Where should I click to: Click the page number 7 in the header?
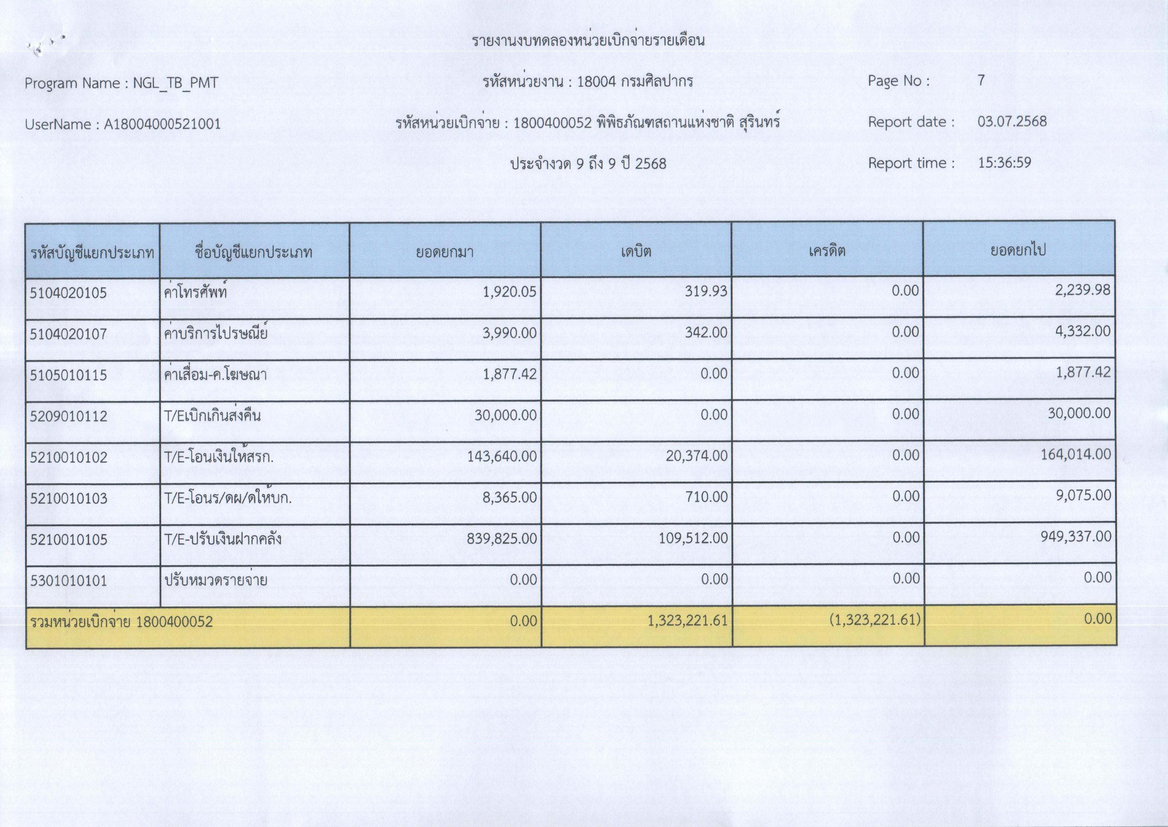(981, 81)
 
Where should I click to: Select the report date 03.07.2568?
(1012, 122)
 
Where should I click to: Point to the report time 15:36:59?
(1004, 163)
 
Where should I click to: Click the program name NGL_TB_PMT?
(176, 83)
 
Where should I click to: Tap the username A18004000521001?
(163, 124)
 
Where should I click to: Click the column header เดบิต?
(636, 251)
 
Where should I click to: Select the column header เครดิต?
(827, 251)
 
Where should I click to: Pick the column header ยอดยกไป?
(1018, 250)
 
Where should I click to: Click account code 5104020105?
(68, 293)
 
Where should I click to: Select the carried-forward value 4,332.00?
(1082, 331)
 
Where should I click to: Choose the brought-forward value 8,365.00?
(510, 497)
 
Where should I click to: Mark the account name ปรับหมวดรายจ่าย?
(216, 580)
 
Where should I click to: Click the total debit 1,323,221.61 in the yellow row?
(687, 621)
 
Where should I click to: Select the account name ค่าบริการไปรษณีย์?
(216, 333)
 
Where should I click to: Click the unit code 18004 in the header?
(596, 82)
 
